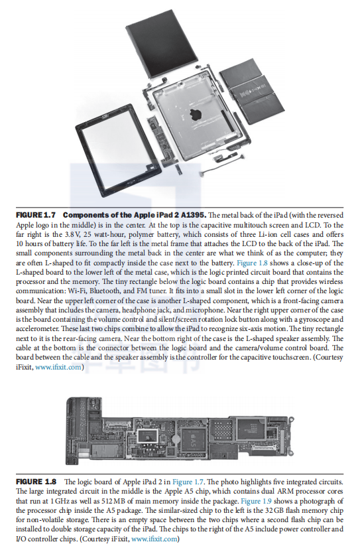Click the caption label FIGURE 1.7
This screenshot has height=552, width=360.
pyautogui.click(x=36, y=215)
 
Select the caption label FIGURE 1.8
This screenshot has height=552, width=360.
pyautogui.click(x=36, y=482)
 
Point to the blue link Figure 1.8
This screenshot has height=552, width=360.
pyautogui.click(x=253, y=263)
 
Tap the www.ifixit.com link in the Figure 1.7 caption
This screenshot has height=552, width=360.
pyautogui.click(x=58, y=367)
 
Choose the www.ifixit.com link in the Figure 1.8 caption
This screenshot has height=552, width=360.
pyautogui.click(x=154, y=539)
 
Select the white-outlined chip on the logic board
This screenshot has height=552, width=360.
pyautogui.click(x=148, y=436)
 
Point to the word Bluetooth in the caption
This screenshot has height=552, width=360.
pyautogui.click(x=105, y=291)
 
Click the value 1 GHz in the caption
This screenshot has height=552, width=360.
pyautogui.click(x=60, y=501)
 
